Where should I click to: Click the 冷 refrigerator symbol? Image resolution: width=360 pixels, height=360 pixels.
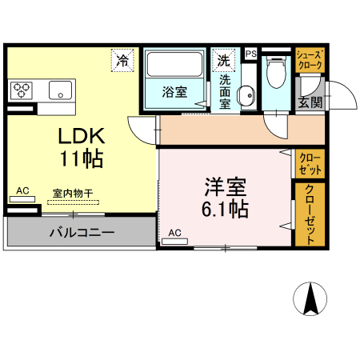click(122, 60)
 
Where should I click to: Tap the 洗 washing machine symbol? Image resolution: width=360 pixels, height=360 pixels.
click(223, 60)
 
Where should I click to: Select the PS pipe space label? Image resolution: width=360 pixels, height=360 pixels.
click(250, 54)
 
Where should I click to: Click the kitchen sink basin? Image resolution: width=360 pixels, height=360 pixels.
click(61, 89)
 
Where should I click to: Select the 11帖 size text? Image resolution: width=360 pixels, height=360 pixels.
click(80, 158)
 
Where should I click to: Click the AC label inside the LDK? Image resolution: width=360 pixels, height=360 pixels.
click(22, 190)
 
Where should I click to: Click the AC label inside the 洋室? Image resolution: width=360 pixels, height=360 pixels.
click(175, 233)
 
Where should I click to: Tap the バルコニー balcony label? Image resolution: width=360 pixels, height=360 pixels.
click(81, 233)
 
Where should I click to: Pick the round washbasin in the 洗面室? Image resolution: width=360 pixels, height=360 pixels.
click(247, 94)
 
